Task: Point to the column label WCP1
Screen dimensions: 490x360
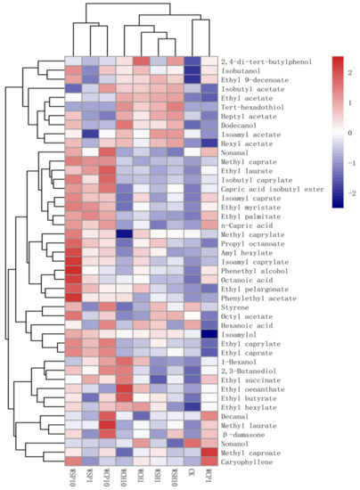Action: click(209, 478)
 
